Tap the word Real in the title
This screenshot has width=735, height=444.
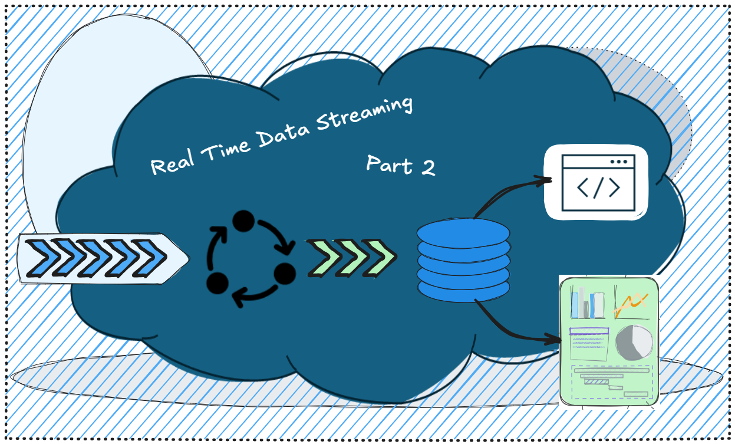pos(173,164)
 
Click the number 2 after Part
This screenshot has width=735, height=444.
pos(427,167)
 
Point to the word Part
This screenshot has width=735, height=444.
pos(389,163)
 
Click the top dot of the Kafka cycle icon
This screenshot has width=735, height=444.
pos(243,221)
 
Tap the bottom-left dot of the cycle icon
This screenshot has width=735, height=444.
pos(217,282)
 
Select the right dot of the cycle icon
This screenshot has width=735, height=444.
pos(284,272)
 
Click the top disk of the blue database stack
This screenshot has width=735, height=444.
pos(463,231)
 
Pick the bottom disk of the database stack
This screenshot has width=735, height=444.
pos(463,288)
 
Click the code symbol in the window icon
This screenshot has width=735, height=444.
pos(598,188)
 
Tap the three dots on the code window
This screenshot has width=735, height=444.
pos(619,161)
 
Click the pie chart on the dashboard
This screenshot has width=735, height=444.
pos(634,343)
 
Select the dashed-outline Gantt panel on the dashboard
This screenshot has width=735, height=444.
pos(612,382)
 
